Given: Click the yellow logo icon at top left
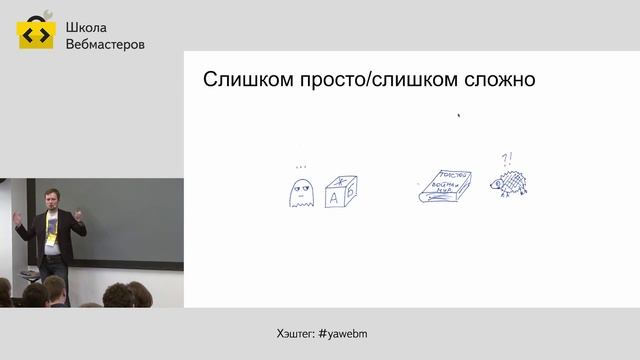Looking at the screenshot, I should pyautogui.click(x=34, y=32).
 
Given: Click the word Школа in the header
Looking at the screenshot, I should pyautogui.click(x=84, y=27).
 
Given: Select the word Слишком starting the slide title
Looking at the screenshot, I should pyautogui.click(x=244, y=79).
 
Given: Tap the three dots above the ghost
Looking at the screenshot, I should pyautogui.click(x=300, y=166).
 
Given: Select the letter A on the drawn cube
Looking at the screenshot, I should pyautogui.click(x=333, y=198).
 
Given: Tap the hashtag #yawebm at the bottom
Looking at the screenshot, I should pyautogui.click(x=347, y=332).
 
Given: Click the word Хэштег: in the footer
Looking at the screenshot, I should pyautogui.click(x=294, y=332).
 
